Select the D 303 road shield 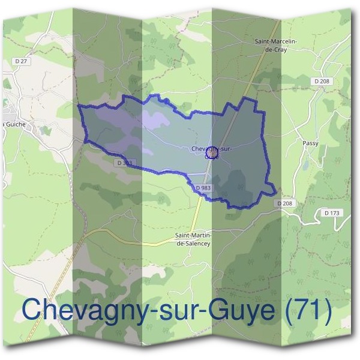tap(125, 163)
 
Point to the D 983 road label tap(203, 188)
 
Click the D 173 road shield tap(331, 213)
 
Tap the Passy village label tap(311, 143)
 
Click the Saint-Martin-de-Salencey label tap(197, 239)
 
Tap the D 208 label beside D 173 tap(286, 204)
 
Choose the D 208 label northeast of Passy tap(321, 80)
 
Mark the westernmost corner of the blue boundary tap(79, 106)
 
